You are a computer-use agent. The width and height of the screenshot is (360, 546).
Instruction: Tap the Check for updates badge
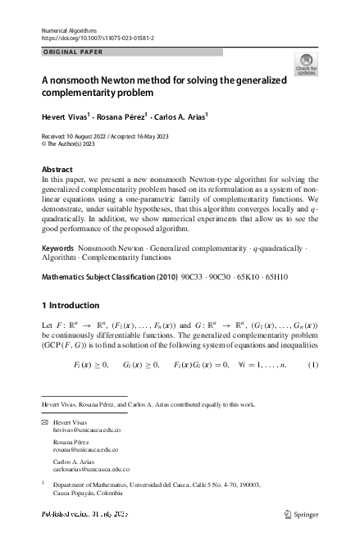pos(306,66)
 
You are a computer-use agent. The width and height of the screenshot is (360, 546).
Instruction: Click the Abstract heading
pos(57,169)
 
